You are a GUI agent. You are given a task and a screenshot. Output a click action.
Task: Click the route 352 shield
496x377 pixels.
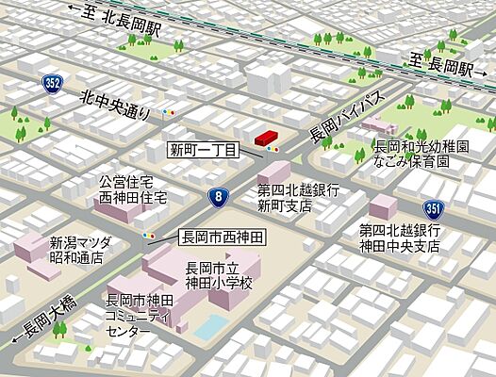[54, 84]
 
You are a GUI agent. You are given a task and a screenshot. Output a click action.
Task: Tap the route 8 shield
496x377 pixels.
[218, 196]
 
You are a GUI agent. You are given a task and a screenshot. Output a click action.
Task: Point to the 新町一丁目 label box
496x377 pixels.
[204, 149]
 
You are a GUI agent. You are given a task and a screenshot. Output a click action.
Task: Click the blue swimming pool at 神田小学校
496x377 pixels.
[211, 325]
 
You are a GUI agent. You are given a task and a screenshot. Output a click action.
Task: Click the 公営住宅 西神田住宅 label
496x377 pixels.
[133, 190]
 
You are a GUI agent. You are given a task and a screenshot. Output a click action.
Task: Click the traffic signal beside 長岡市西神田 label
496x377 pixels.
[148, 236]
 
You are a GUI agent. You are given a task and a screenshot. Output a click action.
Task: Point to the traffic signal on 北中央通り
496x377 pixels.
[170, 112]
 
